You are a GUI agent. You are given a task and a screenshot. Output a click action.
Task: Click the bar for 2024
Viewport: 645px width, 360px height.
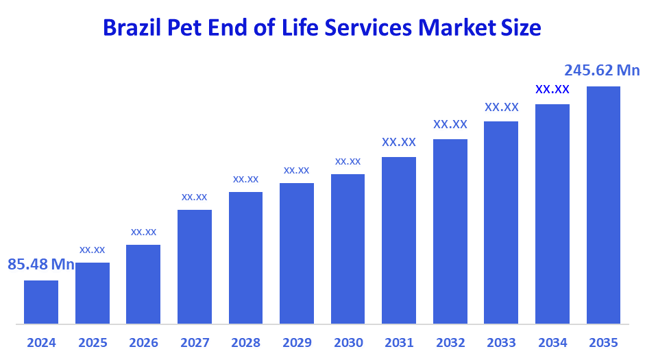41,302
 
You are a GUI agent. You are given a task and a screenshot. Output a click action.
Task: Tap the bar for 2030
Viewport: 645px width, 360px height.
348,248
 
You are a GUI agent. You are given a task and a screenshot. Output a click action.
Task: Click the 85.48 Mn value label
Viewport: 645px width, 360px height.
41,264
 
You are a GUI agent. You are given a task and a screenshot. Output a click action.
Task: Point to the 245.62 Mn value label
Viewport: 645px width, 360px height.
601,71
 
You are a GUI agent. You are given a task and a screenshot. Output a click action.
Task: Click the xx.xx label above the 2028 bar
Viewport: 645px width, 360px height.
245,179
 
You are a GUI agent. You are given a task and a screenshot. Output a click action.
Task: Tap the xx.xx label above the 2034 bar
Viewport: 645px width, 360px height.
552,89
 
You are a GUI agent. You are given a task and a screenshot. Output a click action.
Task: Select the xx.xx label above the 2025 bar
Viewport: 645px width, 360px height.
92,250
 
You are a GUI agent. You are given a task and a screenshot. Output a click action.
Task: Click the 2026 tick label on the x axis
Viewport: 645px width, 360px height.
143,343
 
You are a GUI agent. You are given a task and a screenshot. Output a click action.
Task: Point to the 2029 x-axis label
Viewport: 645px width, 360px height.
297,343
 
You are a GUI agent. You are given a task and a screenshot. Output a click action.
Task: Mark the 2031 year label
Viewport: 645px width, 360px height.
399,343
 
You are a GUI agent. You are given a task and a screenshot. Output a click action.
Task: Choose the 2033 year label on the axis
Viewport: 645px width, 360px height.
501,343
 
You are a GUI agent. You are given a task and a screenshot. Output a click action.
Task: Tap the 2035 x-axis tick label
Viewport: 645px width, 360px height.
603,343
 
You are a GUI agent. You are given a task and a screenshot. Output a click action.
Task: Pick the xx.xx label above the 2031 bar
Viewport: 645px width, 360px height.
399,143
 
